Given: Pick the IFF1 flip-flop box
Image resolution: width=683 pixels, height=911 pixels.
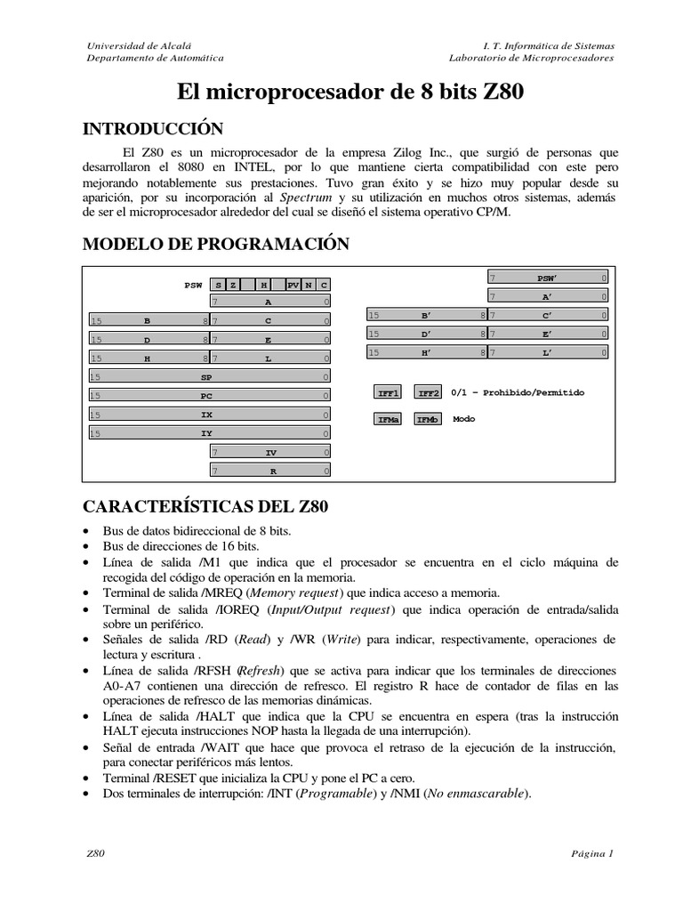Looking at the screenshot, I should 390,392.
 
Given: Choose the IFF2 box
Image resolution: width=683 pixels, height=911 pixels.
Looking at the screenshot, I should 429,392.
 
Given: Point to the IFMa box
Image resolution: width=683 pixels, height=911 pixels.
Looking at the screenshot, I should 390,419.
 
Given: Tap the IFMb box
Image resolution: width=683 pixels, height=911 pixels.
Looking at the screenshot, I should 429,419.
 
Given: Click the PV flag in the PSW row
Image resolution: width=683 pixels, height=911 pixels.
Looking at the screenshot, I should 293,285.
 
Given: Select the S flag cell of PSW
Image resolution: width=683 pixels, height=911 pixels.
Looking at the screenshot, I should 218,285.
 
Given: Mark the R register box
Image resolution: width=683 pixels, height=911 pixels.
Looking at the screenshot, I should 270,472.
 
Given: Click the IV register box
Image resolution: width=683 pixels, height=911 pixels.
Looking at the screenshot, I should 270,453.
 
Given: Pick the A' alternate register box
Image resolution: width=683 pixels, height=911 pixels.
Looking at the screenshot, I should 547,296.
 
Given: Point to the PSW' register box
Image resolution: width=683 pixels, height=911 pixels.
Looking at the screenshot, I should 547,278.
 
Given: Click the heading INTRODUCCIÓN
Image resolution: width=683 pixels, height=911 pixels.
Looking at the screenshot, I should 152,129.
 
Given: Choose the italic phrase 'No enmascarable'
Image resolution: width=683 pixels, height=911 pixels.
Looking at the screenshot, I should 485,794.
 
